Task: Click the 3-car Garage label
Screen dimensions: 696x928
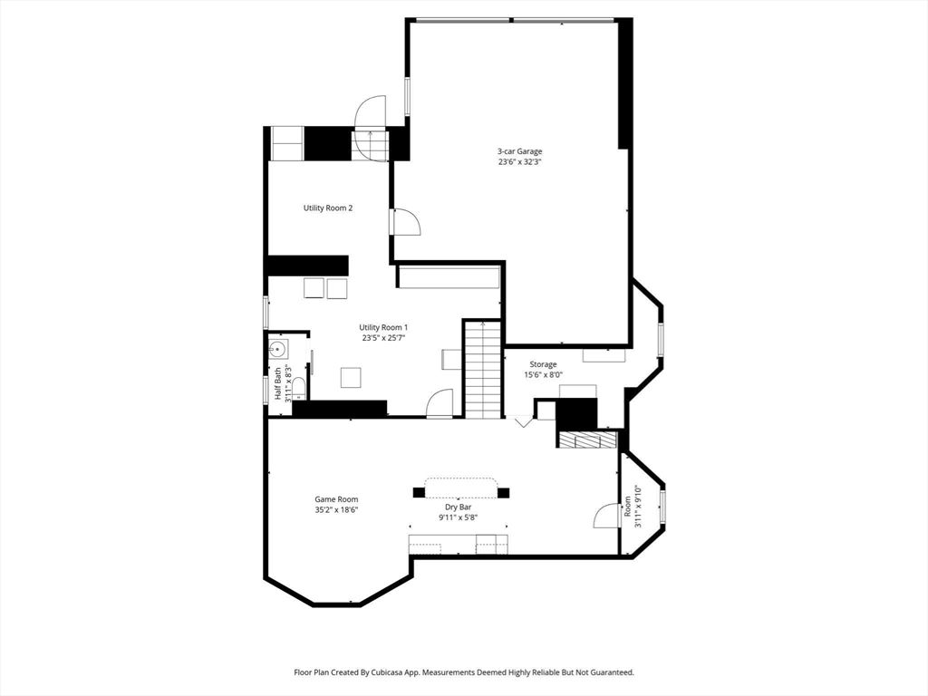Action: point(519,151)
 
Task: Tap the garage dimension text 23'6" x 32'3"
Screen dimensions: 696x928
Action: point(519,163)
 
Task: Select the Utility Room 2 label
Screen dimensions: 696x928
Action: point(327,208)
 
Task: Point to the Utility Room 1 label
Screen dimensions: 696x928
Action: point(383,327)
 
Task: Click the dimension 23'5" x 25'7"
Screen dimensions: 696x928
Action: point(383,338)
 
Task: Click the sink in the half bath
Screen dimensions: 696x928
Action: point(278,349)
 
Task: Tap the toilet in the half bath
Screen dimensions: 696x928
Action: point(298,387)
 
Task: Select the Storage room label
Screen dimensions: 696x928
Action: point(544,364)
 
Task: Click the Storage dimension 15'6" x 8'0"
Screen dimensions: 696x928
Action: point(544,375)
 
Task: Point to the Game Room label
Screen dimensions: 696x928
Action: point(336,499)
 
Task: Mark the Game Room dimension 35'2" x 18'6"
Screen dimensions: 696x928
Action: point(336,510)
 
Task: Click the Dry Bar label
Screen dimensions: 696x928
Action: point(458,507)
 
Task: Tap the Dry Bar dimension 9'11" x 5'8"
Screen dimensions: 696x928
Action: point(458,518)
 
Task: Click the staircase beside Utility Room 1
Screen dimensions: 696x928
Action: point(483,372)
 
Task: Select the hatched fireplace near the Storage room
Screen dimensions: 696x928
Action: point(587,440)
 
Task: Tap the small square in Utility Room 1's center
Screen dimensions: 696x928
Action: point(351,377)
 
